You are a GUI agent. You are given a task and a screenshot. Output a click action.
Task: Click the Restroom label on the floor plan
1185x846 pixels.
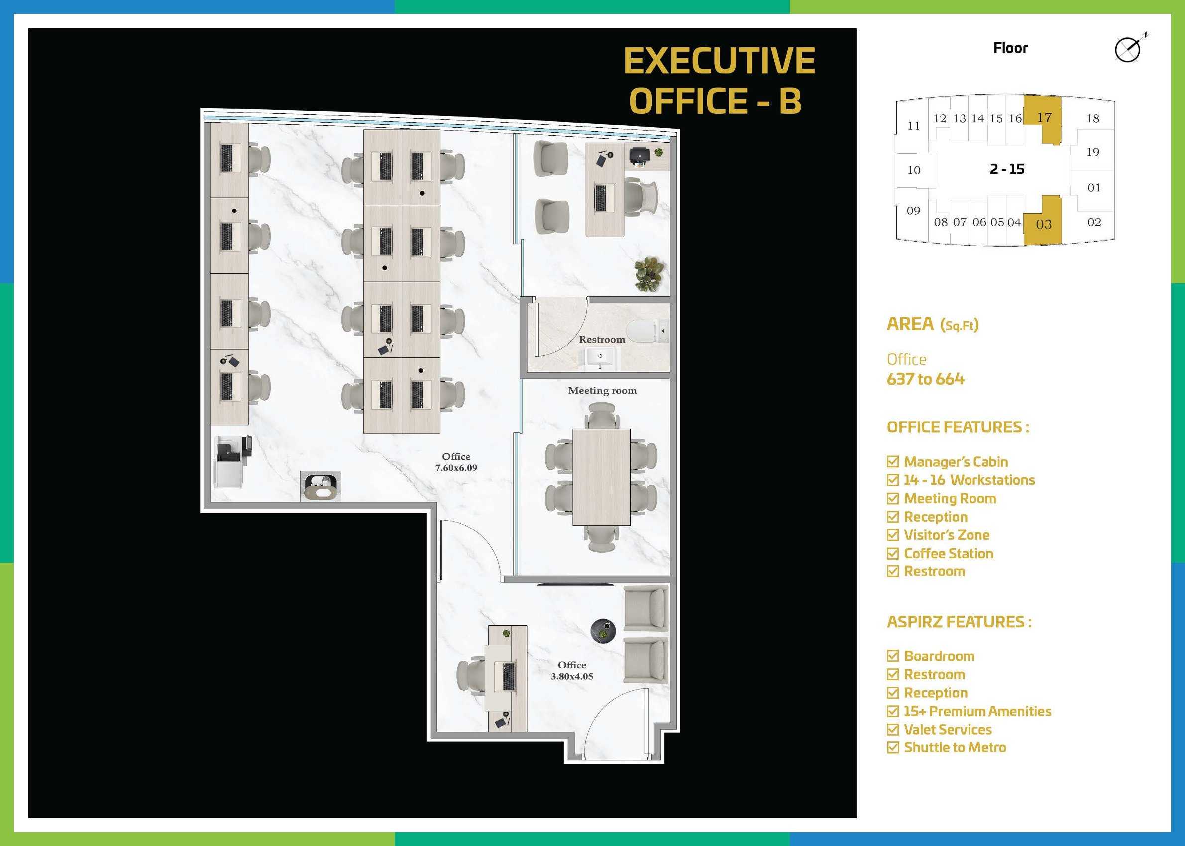(x=602, y=340)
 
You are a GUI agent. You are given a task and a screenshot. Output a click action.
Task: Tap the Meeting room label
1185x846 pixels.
(x=602, y=390)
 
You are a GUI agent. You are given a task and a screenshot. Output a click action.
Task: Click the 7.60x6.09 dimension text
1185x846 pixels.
(x=456, y=468)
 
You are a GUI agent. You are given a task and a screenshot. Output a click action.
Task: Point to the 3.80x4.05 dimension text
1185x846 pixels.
(x=572, y=676)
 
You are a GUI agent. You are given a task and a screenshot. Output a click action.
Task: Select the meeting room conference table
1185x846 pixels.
(x=602, y=477)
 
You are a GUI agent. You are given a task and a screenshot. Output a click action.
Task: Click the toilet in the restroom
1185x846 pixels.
(x=646, y=331)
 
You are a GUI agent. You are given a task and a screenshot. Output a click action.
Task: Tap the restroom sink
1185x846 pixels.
(x=600, y=357)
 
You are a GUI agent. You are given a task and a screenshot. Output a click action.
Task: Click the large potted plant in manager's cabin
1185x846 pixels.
(x=648, y=274)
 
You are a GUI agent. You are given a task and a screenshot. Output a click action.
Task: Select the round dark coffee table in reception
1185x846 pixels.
(x=603, y=631)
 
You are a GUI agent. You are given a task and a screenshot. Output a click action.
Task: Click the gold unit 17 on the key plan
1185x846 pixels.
(x=1043, y=119)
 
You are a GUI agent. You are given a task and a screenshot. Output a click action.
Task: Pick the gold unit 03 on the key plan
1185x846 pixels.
(x=1043, y=220)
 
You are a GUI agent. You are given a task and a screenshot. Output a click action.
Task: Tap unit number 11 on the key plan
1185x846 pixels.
(x=914, y=126)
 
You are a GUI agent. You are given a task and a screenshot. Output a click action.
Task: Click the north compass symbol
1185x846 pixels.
(x=1129, y=49)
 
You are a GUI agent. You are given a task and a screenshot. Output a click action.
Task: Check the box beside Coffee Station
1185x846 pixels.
(x=893, y=553)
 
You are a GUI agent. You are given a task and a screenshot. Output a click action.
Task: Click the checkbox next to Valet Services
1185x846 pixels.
(x=893, y=730)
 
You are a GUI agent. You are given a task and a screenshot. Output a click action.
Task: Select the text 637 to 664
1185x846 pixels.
(x=926, y=379)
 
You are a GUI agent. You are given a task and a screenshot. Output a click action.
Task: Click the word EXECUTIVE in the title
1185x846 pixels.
(x=719, y=61)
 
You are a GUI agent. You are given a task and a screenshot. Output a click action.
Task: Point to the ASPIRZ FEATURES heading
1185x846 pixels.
(x=959, y=622)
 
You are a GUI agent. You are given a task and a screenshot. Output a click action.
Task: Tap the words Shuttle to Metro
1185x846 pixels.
(x=955, y=747)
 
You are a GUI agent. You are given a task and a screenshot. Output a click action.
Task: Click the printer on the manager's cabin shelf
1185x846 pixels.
(x=639, y=155)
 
